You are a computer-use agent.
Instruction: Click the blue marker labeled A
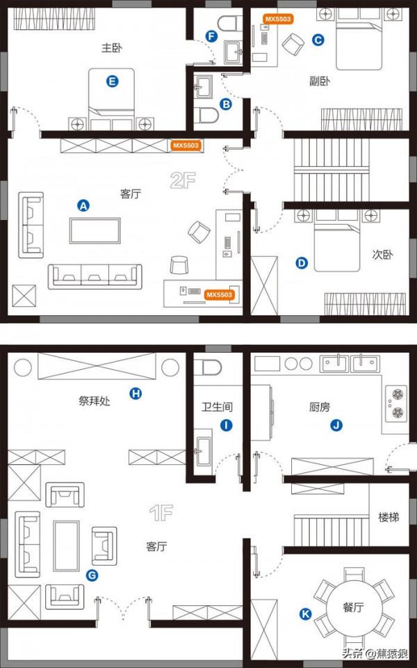click(x=83, y=205)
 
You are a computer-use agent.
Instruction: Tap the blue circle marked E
click(x=113, y=81)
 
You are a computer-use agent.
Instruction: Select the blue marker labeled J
click(x=337, y=424)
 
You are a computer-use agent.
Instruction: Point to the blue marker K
click(x=304, y=613)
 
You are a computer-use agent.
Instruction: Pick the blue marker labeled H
click(x=136, y=394)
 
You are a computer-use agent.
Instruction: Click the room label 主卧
click(x=112, y=48)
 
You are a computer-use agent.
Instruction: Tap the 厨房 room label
click(x=319, y=407)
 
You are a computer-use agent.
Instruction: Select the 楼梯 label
click(x=389, y=518)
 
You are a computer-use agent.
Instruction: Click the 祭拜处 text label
click(x=94, y=400)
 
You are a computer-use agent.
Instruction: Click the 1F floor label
click(x=161, y=514)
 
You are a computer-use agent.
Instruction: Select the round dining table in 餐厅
click(x=353, y=606)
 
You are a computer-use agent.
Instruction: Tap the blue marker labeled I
click(x=224, y=424)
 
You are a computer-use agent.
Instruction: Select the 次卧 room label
click(x=382, y=255)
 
